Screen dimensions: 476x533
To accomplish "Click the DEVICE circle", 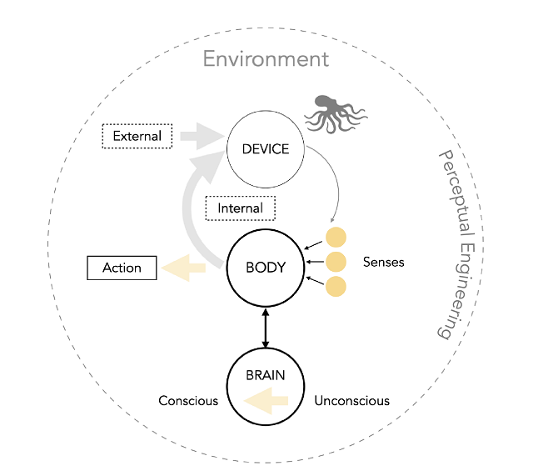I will (x=265, y=150).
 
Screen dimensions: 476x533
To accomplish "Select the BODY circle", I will (x=265, y=268).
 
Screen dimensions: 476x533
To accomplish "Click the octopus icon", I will (x=333, y=113).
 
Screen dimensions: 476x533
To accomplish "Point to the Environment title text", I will (x=266, y=59).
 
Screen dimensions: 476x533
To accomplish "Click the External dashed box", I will (x=137, y=135).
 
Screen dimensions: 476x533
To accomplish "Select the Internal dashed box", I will (x=240, y=208).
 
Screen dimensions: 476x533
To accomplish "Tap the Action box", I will (x=122, y=268).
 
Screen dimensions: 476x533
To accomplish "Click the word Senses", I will (x=383, y=262).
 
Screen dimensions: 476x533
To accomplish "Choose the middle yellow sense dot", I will (x=336, y=262).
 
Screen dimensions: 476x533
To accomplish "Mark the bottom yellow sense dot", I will (x=336, y=287).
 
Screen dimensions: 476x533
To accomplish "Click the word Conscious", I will (x=188, y=401).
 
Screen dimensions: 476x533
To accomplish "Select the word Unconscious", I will (x=351, y=401).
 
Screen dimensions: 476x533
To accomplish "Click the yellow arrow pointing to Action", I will (x=184, y=268).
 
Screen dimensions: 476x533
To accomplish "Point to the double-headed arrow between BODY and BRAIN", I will (x=265, y=328).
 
